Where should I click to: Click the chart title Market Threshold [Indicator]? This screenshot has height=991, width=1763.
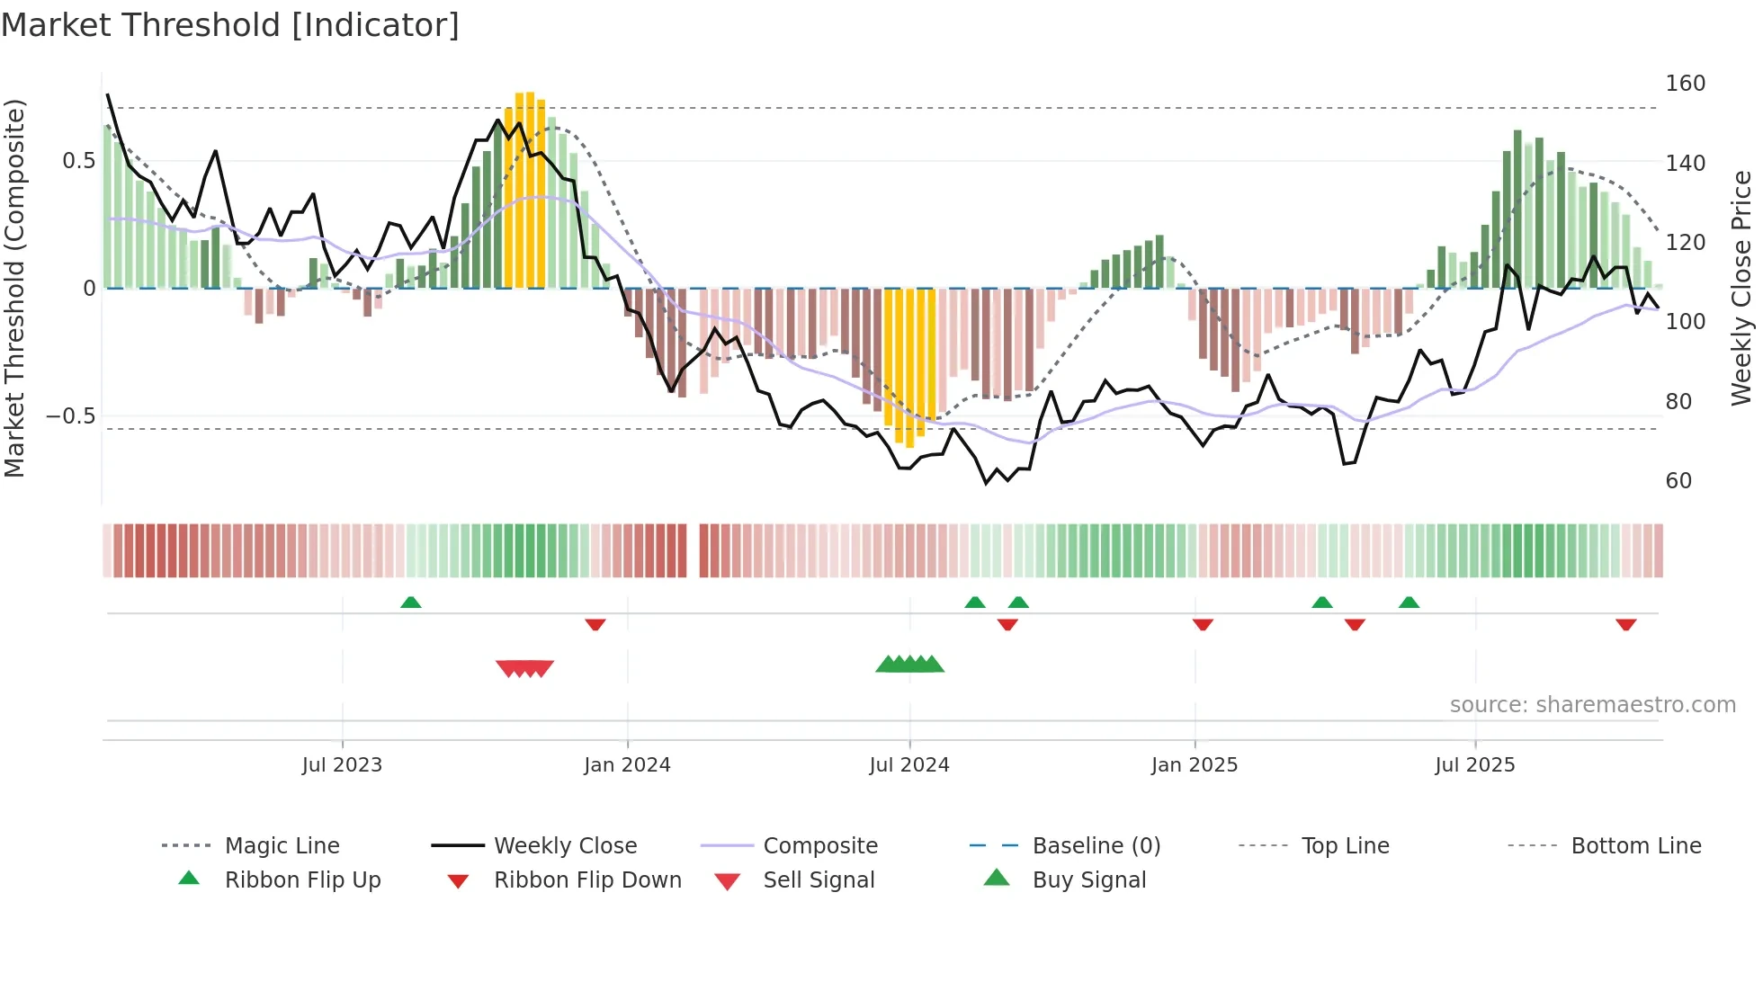point(230,25)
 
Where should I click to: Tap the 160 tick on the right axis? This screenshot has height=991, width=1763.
point(1685,84)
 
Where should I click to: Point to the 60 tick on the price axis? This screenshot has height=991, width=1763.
point(1678,481)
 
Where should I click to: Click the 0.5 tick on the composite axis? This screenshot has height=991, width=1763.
point(78,161)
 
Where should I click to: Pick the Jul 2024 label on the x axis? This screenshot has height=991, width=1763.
point(908,765)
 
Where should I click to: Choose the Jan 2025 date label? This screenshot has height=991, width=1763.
point(1194,765)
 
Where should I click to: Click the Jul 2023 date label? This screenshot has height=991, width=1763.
point(342,765)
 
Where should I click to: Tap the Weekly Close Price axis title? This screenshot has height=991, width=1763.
point(1741,288)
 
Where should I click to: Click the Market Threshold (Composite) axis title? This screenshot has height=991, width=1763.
point(14,288)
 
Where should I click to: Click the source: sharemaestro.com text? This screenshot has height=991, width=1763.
point(1592,705)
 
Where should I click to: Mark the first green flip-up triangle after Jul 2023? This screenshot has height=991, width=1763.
point(410,602)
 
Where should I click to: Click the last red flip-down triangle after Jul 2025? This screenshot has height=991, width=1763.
point(1625,625)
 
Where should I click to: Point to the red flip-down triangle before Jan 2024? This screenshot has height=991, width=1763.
point(595,625)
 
